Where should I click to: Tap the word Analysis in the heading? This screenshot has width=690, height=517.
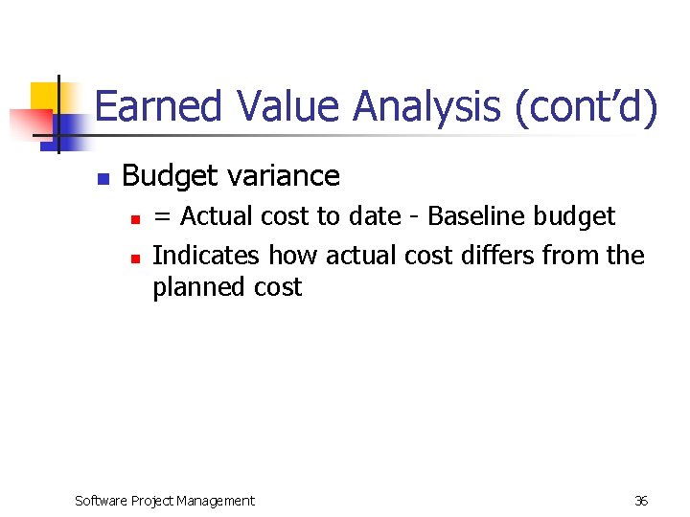tap(426, 106)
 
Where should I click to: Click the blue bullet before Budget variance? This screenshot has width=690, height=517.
tap(103, 179)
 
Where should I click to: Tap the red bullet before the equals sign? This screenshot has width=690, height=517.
tap(135, 220)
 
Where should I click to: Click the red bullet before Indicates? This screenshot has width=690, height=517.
tap(135, 258)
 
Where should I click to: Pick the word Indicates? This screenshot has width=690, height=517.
tap(206, 256)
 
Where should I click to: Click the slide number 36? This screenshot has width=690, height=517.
tap(641, 501)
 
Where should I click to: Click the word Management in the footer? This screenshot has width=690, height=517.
tap(219, 501)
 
